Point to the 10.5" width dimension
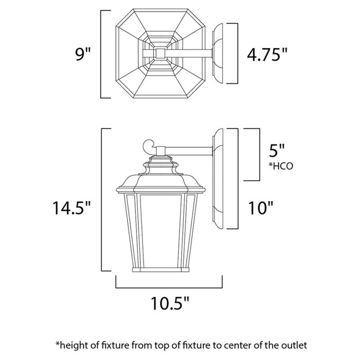click(x=169, y=304)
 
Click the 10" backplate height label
click(x=261, y=208)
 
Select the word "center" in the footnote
click(x=225, y=345)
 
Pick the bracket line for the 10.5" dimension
click(x=169, y=287)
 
